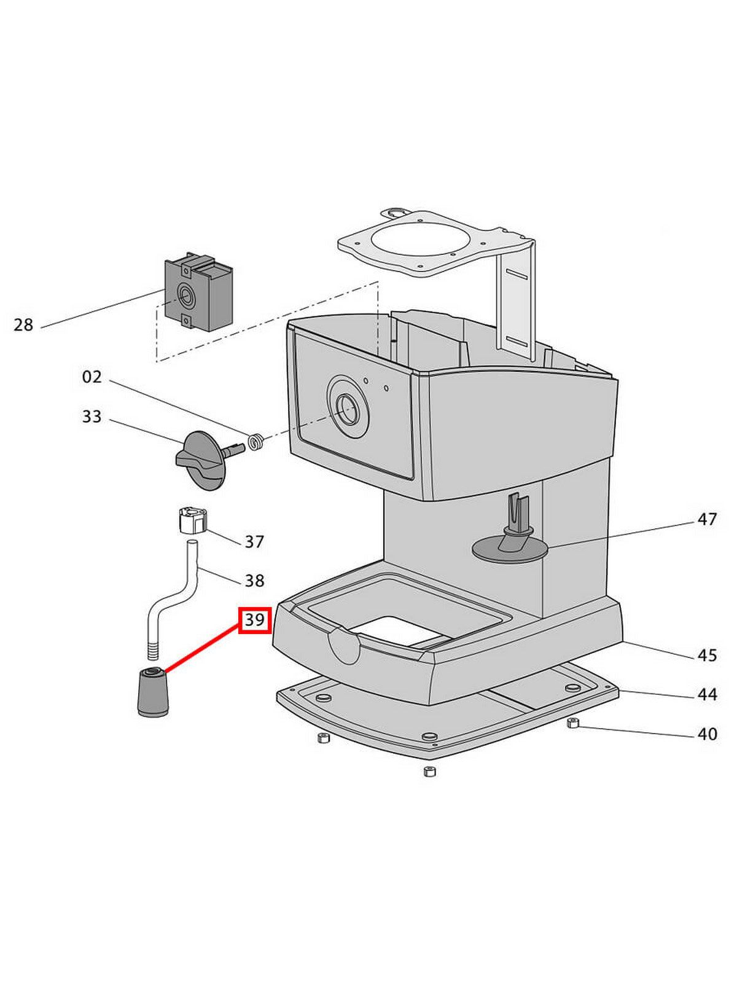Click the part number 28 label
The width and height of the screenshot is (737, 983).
click(x=23, y=324)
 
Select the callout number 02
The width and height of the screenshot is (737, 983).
click(x=92, y=376)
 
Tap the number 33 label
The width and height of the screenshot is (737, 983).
click(x=92, y=417)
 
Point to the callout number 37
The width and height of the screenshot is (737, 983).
click(x=254, y=541)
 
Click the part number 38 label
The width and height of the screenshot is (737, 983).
click(x=254, y=580)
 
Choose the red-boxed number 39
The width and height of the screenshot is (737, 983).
click(x=254, y=620)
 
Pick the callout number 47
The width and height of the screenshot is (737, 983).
click(x=708, y=519)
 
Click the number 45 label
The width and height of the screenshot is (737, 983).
click(x=708, y=656)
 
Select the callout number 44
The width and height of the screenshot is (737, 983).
click(x=708, y=694)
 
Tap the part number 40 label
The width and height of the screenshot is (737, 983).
click(x=708, y=734)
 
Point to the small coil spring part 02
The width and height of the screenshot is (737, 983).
click(x=257, y=442)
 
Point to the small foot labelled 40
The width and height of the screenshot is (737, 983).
click(x=572, y=723)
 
